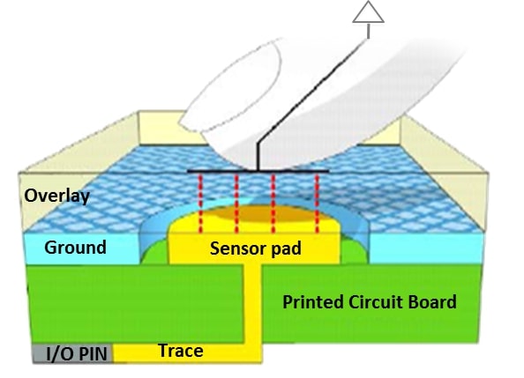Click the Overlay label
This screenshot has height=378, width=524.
(56, 196)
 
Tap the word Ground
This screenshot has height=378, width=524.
(76, 248)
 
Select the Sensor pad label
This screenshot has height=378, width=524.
(256, 248)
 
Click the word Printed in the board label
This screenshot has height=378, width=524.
(313, 302)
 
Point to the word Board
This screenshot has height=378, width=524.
(433, 302)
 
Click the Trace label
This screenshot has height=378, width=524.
(181, 351)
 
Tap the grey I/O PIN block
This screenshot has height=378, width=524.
(73, 353)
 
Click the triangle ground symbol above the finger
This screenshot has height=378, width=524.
(368, 12)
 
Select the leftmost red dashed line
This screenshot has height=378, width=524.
(200, 204)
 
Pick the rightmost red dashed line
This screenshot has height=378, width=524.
(318, 204)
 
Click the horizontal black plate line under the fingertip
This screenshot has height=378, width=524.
(258, 171)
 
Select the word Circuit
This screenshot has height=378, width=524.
(377, 302)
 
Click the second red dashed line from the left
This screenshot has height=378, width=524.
(236, 204)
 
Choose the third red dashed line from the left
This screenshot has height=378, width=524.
(273, 204)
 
